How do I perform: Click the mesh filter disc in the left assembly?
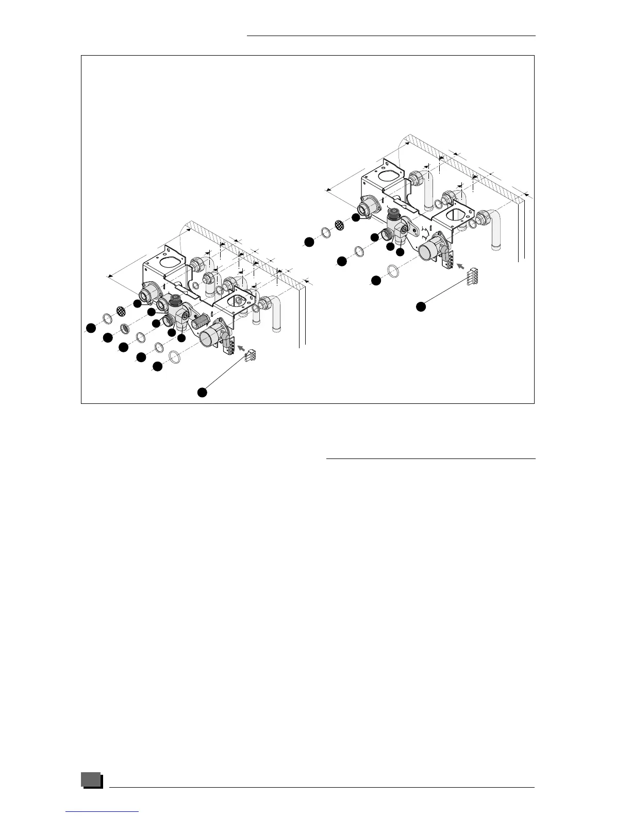pos(121,311)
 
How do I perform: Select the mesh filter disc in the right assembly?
pos(340,225)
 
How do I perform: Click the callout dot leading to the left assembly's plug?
pos(203,393)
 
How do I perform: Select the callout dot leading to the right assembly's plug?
pos(421,307)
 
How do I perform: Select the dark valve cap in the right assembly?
pos(394,214)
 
